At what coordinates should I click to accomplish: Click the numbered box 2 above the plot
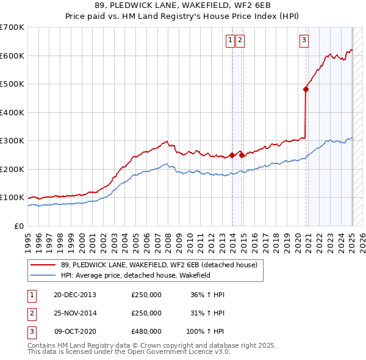pyautogui.click(x=240, y=41)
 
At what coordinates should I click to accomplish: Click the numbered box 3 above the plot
pyautogui.click(x=304, y=41)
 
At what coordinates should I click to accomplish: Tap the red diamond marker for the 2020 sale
pyautogui.click(x=306, y=89)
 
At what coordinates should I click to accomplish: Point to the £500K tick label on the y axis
pyautogui.click(x=12, y=84)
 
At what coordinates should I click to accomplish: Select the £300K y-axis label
pyautogui.click(x=12, y=141)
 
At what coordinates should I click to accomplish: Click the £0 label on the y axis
pyautogui.click(x=19, y=226)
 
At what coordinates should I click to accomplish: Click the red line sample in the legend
pyautogui.click(x=44, y=265)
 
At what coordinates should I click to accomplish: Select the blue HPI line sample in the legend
pyautogui.click(x=44, y=275)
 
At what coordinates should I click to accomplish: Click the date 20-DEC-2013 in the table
pyautogui.click(x=75, y=295)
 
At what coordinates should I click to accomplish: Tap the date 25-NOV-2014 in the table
pyautogui.click(x=75, y=313)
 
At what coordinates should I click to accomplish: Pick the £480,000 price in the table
pyautogui.click(x=146, y=331)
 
